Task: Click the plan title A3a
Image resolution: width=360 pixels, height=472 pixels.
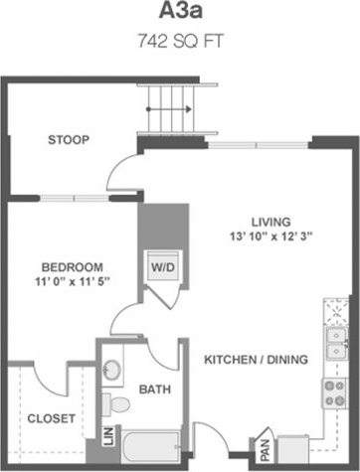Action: (x=179, y=13)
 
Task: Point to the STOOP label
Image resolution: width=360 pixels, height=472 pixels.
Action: (x=69, y=140)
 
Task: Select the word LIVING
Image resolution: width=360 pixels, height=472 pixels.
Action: (x=270, y=221)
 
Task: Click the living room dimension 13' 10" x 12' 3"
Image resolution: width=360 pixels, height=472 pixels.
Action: (x=270, y=236)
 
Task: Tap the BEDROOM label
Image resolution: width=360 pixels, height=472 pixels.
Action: (x=73, y=267)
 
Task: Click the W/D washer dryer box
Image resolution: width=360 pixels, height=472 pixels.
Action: (x=161, y=267)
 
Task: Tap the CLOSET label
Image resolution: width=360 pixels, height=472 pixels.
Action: (x=50, y=418)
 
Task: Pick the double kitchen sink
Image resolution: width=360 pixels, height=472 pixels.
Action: (x=336, y=343)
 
